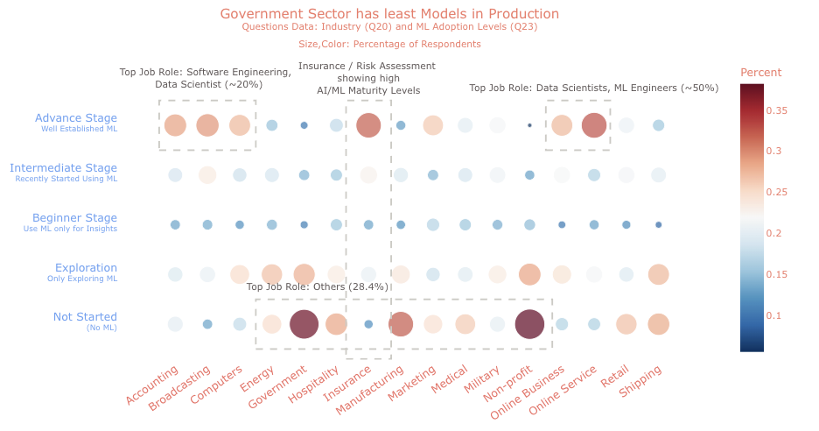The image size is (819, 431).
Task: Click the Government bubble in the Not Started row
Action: pyautogui.click(x=304, y=324)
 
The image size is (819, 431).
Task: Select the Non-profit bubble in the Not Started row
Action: pyautogui.click(x=529, y=324)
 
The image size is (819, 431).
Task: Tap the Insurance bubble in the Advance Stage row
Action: pyautogui.click(x=368, y=125)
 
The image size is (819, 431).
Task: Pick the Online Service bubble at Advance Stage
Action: pyautogui.click(x=594, y=125)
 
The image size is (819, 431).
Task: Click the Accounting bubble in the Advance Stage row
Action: pyautogui.click(x=175, y=125)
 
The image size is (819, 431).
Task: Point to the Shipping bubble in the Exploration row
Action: pyautogui.click(x=658, y=274)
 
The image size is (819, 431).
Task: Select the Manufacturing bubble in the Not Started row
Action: pyautogui.click(x=401, y=324)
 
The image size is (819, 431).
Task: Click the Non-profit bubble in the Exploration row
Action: pyautogui.click(x=529, y=274)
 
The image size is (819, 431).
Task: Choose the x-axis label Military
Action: pyautogui.click(x=482, y=381)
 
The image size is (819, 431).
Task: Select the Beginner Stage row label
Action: pyautogui.click(x=74, y=218)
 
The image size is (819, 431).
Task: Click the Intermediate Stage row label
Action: pyautogui.click(x=63, y=168)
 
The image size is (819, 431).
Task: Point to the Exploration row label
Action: pyautogui.click(x=86, y=268)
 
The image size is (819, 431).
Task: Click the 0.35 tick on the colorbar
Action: pyautogui.click(x=780, y=110)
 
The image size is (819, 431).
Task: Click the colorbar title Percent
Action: pyautogui.click(x=760, y=72)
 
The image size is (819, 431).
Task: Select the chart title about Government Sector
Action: pyautogui.click(x=389, y=14)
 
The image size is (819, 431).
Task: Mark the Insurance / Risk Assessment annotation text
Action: pyautogui.click(x=367, y=78)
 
